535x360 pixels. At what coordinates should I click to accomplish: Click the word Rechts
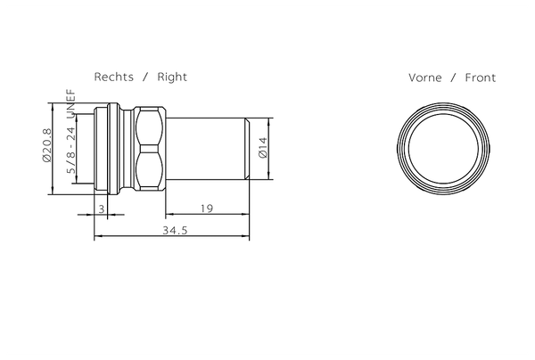tap(113, 77)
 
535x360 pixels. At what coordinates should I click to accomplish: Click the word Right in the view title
tap(172, 77)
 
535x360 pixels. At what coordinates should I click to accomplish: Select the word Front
tap(479, 78)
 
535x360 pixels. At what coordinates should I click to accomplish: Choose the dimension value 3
tap(103, 208)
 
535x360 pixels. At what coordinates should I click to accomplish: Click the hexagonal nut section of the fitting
tap(149, 149)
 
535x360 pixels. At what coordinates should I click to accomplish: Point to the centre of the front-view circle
tap(443, 149)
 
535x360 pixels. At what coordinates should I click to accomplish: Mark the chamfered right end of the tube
tap(246, 149)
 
